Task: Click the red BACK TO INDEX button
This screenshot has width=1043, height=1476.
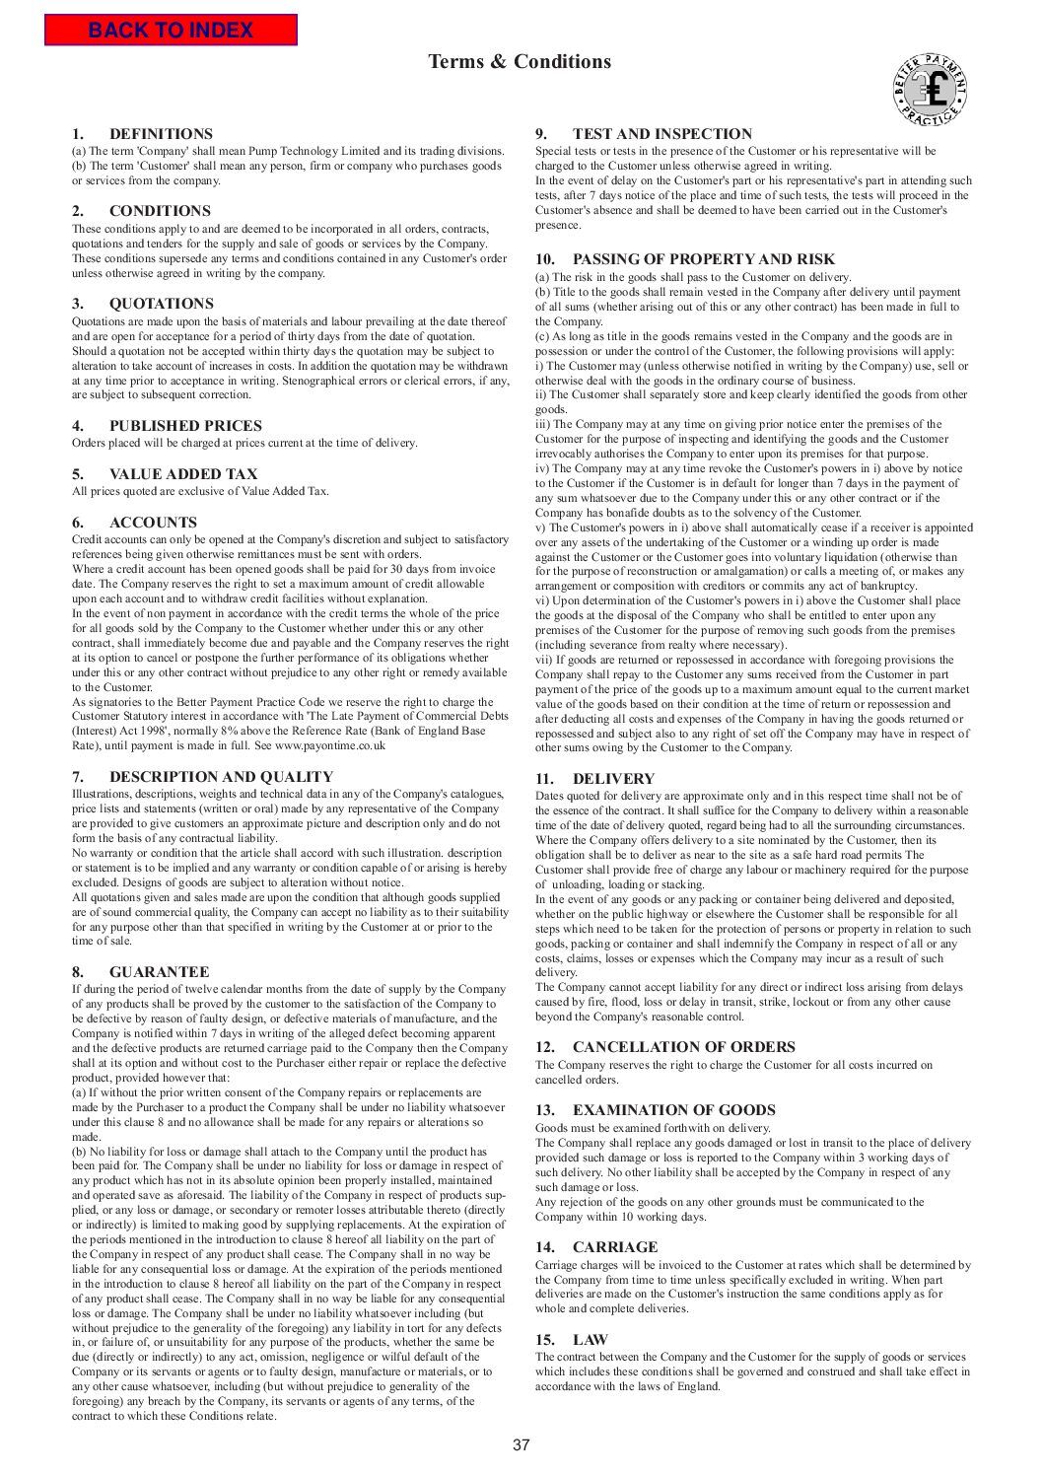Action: [171, 30]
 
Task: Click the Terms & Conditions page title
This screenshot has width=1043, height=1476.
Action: [520, 62]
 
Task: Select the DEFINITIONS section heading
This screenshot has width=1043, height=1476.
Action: [161, 134]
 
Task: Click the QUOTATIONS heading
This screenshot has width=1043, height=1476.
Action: [161, 304]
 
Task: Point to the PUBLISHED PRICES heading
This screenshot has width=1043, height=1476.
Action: [185, 426]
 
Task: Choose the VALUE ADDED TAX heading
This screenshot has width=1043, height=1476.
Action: [183, 474]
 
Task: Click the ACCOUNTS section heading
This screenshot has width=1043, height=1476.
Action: [153, 523]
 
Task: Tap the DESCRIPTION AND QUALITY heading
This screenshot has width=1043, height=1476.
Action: [221, 777]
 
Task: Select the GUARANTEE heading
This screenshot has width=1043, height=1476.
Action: [159, 972]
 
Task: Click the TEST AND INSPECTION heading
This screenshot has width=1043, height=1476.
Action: [661, 134]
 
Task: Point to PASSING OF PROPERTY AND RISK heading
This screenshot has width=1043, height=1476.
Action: [703, 259]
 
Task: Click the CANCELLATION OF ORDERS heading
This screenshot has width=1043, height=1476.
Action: [683, 1047]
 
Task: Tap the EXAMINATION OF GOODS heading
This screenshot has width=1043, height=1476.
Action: [673, 1110]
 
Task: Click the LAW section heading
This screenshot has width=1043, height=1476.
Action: [590, 1340]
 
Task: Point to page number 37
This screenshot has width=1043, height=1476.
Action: [521, 1446]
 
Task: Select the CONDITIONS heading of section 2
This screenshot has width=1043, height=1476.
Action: [160, 211]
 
